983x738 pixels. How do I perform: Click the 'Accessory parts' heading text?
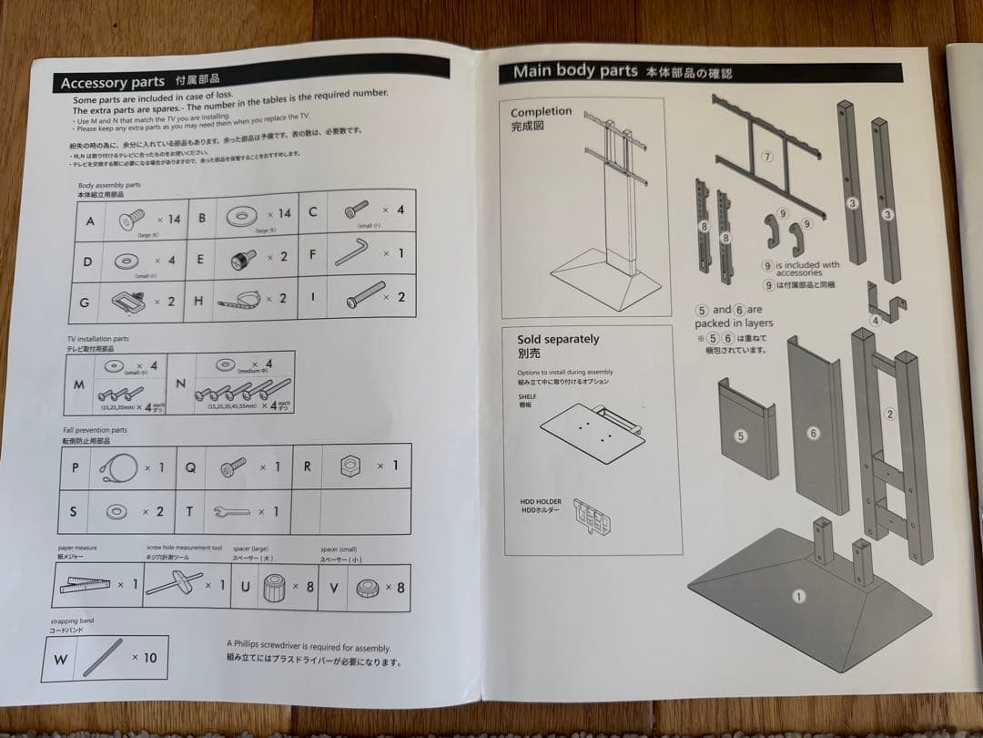[113, 83]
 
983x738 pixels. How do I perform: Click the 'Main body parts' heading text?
[574, 71]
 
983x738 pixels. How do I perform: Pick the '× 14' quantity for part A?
[168, 219]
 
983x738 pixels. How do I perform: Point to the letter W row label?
[61, 658]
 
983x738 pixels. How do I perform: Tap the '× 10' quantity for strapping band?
[144, 657]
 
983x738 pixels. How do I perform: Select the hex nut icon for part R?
[349, 466]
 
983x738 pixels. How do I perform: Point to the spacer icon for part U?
[274, 589]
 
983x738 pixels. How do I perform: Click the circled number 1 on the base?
[798, 597]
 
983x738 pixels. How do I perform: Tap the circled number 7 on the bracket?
[767, 157]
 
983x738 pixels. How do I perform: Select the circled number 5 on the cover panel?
[740, 436]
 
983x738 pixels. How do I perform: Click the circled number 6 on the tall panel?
[813, 434]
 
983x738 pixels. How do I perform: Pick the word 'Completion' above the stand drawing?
[542, 111]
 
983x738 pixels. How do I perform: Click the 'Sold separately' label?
[558, 339]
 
